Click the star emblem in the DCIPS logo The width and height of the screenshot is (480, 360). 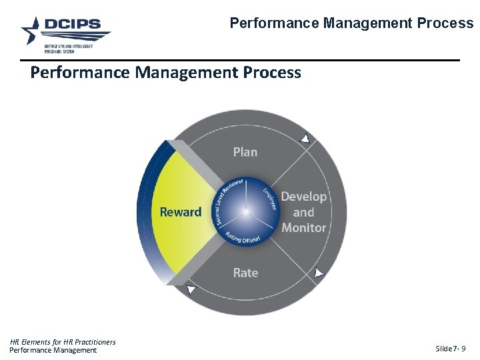[32, 30]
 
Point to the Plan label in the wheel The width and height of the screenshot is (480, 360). [245, 152]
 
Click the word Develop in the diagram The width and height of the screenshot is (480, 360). [303, 197]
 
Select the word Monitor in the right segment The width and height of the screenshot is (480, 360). [303, 227]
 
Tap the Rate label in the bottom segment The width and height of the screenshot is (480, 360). [245, 273]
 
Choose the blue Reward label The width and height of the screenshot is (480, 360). [180, 212]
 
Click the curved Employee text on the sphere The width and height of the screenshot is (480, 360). [269, 198]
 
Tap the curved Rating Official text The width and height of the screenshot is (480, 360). [243, 237]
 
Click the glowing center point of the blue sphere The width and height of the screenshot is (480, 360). [246, 212]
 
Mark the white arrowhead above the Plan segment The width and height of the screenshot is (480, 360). [305, 139]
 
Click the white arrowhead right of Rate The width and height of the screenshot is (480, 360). [319, 273]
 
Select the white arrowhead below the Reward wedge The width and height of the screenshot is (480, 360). [191, 290]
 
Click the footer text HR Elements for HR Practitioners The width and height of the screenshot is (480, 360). [63, 342]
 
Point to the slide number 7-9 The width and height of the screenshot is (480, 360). [451, 349]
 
